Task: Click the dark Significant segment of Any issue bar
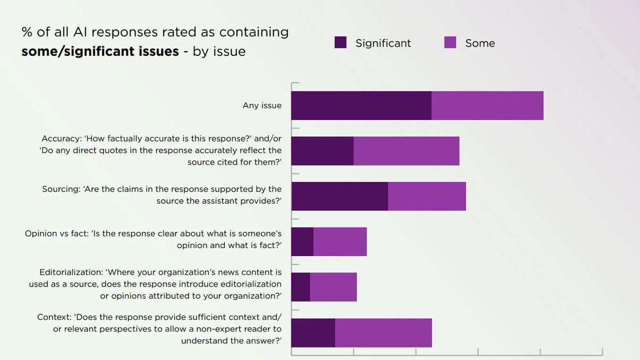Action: [x=361, y=105]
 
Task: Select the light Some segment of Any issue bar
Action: [x=487, y=105]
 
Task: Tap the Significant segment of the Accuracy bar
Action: [x=322, y=151]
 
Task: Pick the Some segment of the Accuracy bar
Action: [x=406, y=151]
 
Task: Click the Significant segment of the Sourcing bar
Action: [x=339, y=196]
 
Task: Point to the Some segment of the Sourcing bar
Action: [x=426, y=196]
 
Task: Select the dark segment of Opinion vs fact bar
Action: [x=302, y=241]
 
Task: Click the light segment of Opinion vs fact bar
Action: [x=340, y=241]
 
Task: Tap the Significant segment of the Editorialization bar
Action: [x=300, y=287]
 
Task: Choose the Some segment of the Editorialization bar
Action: [x=333, y=287]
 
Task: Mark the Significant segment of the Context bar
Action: [x=313, y=332]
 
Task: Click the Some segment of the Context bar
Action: [x=383, y=332]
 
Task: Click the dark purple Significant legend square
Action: [x=340, y=42]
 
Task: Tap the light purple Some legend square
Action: [x=450, y=42]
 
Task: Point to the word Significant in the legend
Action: [x=383, y=43]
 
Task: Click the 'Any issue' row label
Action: [x=262, y=105]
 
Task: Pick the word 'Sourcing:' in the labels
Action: [x=61, y=189]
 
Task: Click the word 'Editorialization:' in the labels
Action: [x=70, y=272]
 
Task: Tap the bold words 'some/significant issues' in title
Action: [x=100, y=51]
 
